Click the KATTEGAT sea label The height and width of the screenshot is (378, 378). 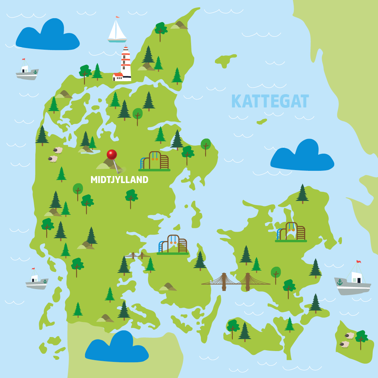pos(270,101)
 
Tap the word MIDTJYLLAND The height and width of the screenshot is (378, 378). pos(119,180)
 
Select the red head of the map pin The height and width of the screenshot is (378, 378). pos(112,154)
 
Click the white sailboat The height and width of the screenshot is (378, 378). pos(117,31)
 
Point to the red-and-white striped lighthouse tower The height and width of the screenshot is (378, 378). pos(126,63)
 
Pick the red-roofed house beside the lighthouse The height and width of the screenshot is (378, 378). pos(118,76)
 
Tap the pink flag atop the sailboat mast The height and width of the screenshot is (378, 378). pos(118,17)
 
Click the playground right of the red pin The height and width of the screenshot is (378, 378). pos(154,161)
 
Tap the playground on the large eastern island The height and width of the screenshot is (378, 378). pos(291,232)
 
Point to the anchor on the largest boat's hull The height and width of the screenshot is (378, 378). pos(339,282)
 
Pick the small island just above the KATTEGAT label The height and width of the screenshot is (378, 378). pos(225,60)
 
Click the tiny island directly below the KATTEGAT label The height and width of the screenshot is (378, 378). pos(261,121)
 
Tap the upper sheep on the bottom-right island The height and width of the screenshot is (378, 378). pos(349,336)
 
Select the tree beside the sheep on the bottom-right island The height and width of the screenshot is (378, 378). pos(361,338)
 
